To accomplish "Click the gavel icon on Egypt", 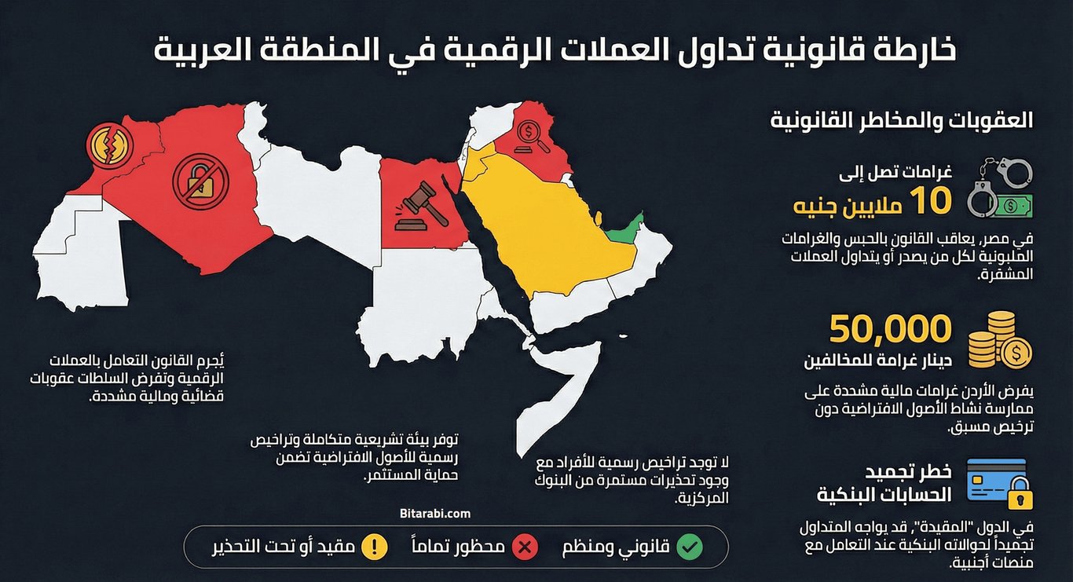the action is [415, 206].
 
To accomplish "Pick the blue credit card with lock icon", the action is [999, 481].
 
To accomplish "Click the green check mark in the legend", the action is [690, 547].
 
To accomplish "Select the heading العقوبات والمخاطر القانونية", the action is [901, 122].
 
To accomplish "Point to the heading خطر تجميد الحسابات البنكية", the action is [884, 482].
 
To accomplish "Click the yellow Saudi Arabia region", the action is [542, 228].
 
